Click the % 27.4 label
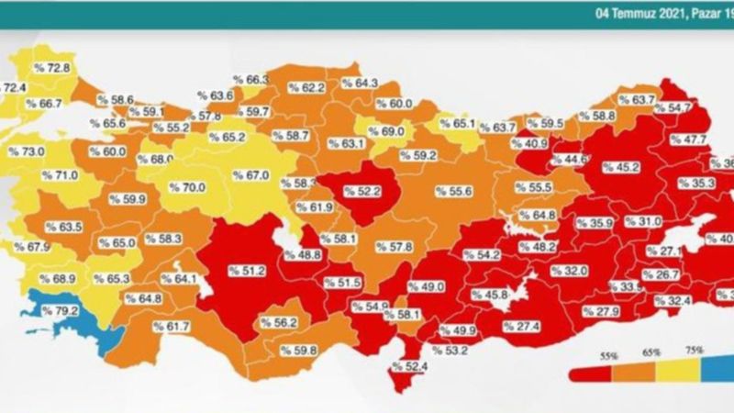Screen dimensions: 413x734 [x=520, y=326]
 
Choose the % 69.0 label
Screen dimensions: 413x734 [x=385, y=132]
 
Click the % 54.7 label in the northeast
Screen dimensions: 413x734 [x=673, y=107]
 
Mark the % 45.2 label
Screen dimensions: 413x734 [x=622, y=167]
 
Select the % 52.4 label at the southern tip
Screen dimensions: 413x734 [x=411, y=368]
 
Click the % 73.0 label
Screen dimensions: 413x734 [x=27, y=151]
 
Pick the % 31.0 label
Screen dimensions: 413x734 [x=643, y=222]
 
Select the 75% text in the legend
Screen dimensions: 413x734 [x=694, y=351]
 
